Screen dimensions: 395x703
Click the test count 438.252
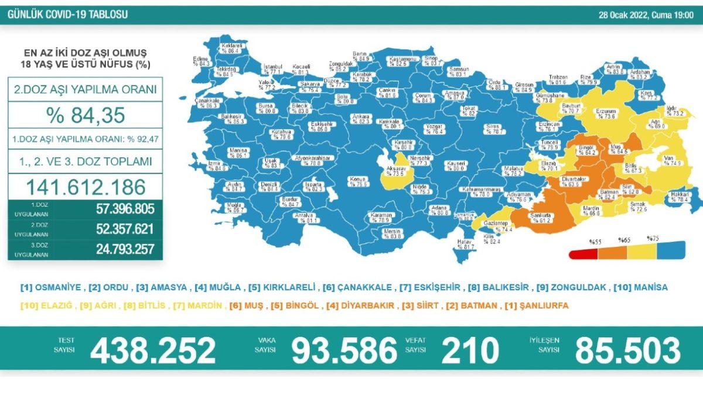[x=153, y=351]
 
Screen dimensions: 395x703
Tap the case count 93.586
[x=344, y=351]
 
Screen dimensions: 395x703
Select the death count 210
[x=470, y=351]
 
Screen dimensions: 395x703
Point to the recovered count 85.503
[x=627, y=351]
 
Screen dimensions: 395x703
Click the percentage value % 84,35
[x=86, y=115]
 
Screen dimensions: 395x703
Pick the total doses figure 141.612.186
[x=86, y=187]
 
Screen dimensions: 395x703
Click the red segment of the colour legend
[x=582, y=253]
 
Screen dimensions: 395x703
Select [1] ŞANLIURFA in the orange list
[x=536, y=305]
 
